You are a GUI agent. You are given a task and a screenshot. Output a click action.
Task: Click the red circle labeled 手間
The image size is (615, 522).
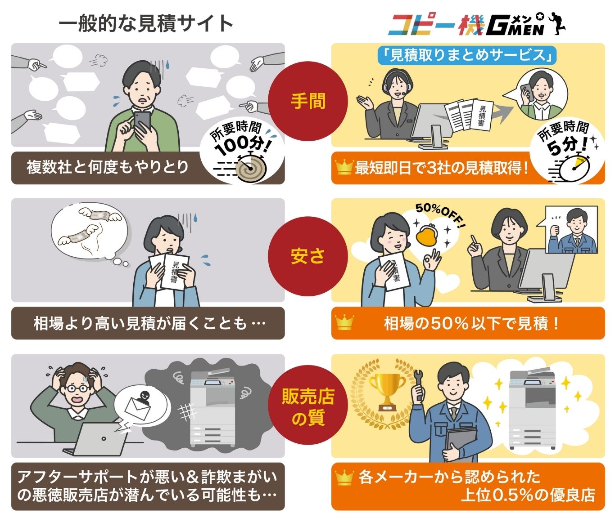pyautogui.click(x=308, y=101)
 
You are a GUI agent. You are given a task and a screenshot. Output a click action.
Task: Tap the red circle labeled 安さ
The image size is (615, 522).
pyautogui.click(x=308, y=257)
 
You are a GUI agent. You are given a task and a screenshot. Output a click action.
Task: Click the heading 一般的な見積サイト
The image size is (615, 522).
pyautogui.click(x=146, y=23)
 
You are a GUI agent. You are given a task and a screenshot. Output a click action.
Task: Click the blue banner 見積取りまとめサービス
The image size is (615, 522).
pyautogui.click(x=467, y=55)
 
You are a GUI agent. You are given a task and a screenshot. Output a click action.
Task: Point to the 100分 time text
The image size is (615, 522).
pyautogui.click(x=240, y=143)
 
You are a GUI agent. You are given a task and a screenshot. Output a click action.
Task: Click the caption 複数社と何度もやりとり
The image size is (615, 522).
pyautogui.click(x=107, y=167)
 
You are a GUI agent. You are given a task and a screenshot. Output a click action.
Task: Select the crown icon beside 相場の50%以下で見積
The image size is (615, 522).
pyautogui.click(x=344, y=323)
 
